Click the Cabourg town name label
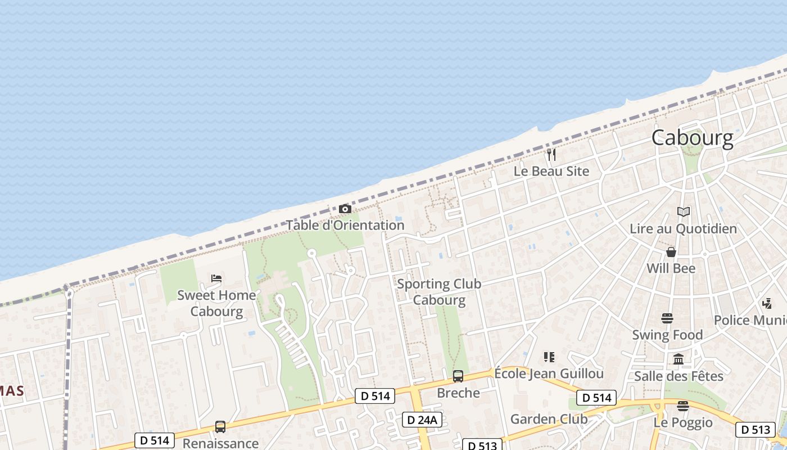[692, 138]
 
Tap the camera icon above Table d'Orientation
[345, 209]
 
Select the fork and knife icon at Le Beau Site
[551, 154]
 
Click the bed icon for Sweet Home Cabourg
[216, 278]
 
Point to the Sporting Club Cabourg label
[439, 291]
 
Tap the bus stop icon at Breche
[458, 376]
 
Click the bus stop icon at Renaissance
[220, 427]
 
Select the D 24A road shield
[422, 420]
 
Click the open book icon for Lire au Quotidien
[683, 212]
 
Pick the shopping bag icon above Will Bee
[671, 251]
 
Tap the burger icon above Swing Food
[667, 318]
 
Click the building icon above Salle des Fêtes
[679, 359]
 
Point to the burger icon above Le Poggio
[683, 406]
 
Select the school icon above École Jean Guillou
[549, 357]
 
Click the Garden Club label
[549, 419]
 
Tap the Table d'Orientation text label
[345, 225]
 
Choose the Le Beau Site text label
[551, 171]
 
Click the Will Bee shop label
[671, 268]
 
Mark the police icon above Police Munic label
[767, 304]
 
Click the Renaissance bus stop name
[220, 443]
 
